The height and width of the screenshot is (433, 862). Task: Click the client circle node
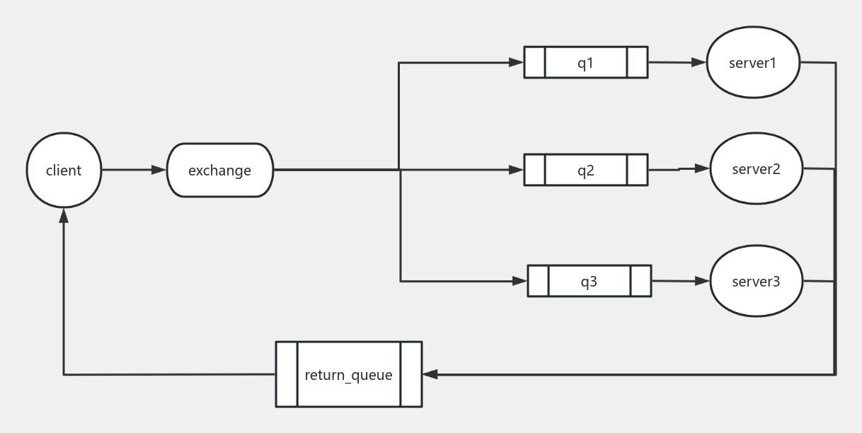tap(64, 171)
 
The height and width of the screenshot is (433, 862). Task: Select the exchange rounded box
tap(220, 171)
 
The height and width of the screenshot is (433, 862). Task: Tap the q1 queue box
tap(585, 62)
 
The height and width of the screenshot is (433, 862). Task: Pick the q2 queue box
tap(585, 170)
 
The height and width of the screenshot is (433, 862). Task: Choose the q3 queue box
tap(589, 281)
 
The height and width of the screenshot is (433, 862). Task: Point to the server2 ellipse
tap(757, 169)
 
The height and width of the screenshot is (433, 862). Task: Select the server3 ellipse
tap(757, 281)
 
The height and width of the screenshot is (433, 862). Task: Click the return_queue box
tap(348, 374)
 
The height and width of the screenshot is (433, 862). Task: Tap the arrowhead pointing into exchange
tap(159, 171)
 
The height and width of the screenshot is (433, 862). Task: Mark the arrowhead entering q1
tap(517, 62)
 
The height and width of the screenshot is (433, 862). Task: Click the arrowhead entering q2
tap(517, 170)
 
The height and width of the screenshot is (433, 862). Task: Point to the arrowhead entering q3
tap(520, 281)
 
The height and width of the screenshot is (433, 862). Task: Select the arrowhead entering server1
tap(701, 62)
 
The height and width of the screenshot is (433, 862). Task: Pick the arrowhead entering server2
tap(703, 168)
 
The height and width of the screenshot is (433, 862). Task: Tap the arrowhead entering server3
tap(703, 281)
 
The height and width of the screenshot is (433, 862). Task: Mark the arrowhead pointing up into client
tap(64, 214)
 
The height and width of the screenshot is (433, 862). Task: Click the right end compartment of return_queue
tap(411, 374)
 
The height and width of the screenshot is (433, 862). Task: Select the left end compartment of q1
tap(534, 62)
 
